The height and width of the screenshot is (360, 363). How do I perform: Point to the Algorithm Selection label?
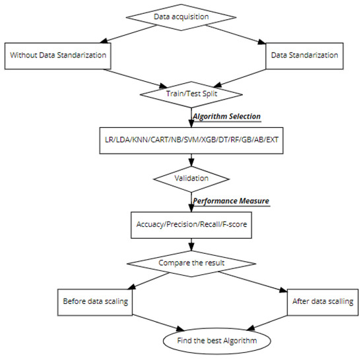(226, 117)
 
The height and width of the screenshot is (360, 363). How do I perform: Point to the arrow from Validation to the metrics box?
(190, 201)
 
